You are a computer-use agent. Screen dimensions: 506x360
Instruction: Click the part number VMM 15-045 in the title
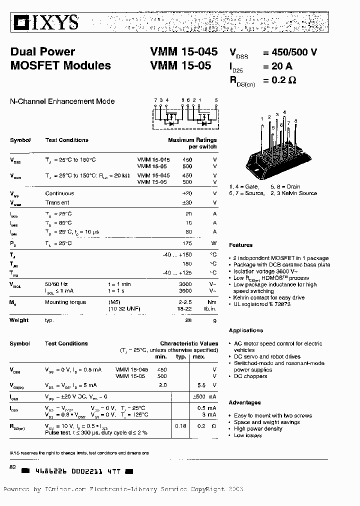(x=183, y=52)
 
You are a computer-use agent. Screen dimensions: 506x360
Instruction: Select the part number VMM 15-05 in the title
(x=180, y=65)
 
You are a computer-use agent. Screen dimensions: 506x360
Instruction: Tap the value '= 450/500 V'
(x=290, y=52)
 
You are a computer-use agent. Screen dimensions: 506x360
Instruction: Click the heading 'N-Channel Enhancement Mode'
(x=62, y=101)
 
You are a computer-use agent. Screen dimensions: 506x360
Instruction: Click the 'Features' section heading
(x=241, y=245)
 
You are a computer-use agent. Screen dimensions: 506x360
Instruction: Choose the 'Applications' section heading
(x=246, y=330)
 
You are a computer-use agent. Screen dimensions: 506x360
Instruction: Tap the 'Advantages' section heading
(x=245, y=402)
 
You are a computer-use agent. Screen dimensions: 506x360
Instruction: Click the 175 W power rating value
(x=187, y=243)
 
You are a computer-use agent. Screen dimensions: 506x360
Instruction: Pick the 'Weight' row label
(x=19, y=320)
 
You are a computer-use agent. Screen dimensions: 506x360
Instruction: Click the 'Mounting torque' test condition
(x=65, y=302)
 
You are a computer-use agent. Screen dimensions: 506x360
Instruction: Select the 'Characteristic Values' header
(x=189, y=344)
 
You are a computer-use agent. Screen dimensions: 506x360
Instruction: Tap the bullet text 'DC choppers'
(x=250, y=376)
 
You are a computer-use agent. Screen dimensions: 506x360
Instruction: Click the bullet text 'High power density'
(x=258, y=429)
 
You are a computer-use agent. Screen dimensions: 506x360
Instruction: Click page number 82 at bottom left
(x=13, y=466)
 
